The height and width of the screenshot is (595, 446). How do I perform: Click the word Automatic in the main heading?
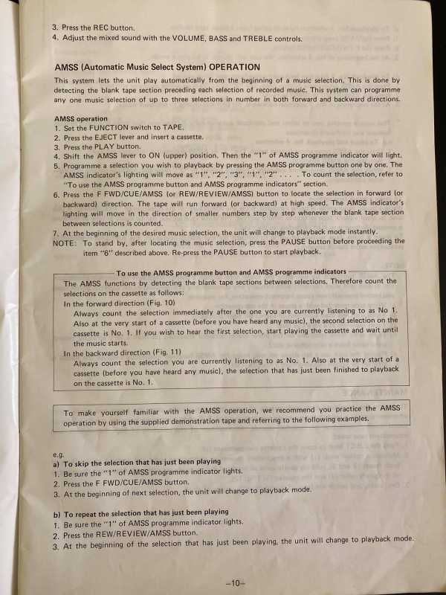(x=111, y=66)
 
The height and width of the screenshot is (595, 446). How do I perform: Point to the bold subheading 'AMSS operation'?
(x=81, y=119)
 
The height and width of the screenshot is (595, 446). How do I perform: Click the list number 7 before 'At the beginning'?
(x=56, y=232)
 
